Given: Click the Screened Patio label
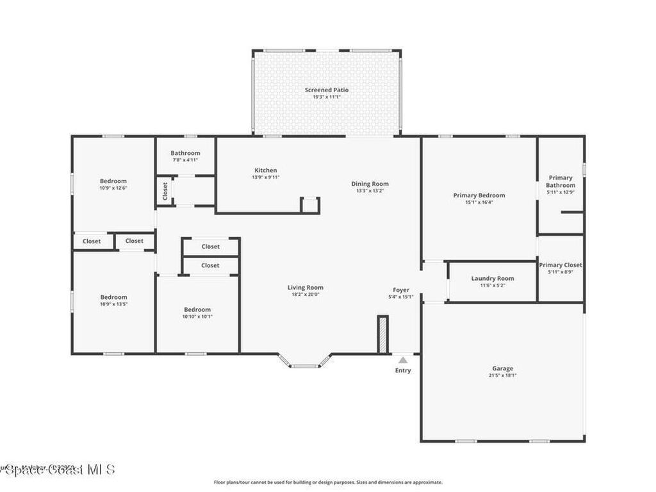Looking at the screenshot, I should (327, 90).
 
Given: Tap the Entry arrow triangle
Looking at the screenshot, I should (402, 361).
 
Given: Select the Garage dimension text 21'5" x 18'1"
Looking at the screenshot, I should (502, 376).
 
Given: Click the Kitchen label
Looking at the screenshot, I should (265, 170).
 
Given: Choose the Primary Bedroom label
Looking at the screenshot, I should (479, 195).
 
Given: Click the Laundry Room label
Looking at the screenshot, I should (493, 278).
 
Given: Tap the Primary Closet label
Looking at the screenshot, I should (560, 265).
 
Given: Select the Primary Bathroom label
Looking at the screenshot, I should (561, 181).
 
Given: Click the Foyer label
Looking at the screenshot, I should (401, 290).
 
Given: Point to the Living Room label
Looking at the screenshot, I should (305, 288).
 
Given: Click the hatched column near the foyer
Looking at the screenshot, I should (383, 334).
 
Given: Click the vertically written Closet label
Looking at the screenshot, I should (165, 190).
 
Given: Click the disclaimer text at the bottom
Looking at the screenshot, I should (327, 482).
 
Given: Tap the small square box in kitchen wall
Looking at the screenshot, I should (310, 205).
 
